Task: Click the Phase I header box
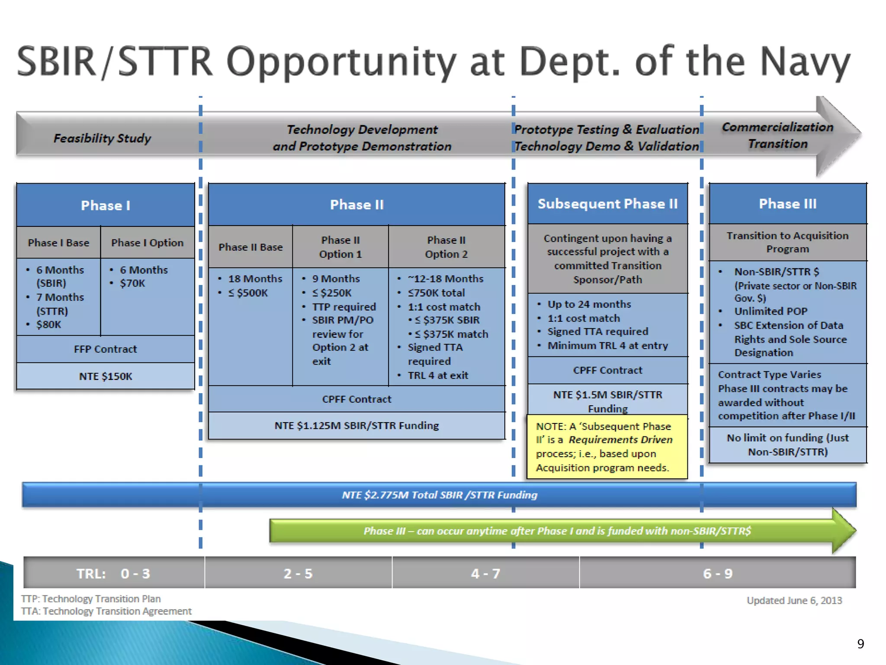(106, 205)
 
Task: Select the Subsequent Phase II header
(607, 203)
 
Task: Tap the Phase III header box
(787, 203)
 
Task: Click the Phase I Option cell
(147, 242)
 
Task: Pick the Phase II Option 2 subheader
(446, 247)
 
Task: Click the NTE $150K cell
(106, 376)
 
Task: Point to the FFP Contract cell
(106, 349)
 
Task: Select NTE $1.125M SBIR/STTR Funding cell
(356, 426)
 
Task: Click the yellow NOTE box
(607, 447)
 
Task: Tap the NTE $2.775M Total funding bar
(439, 495)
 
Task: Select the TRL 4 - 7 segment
(485, 573)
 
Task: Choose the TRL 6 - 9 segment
(717, 573)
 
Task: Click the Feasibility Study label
(102, 138)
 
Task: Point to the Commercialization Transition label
(777, 135)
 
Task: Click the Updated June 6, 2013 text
(794, 600)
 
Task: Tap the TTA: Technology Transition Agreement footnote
(106, 611)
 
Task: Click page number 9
(860, 644)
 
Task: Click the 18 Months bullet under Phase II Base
(255, 279)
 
